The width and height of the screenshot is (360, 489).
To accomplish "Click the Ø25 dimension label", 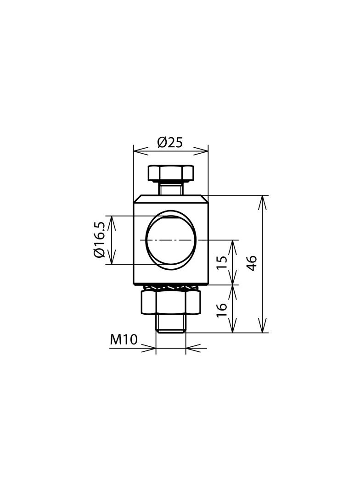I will point(170,143).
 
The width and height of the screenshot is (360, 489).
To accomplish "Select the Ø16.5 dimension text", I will point(100,239).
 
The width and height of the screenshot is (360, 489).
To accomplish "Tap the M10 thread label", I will point(124,339).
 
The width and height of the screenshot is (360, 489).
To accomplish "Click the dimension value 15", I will point(222,262).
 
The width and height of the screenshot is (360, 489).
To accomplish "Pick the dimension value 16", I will point(222,308).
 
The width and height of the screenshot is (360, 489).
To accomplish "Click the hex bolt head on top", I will point(171,173).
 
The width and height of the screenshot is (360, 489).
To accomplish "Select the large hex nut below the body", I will point(171,303).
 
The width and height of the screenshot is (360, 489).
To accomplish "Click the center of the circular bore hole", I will point(171,239).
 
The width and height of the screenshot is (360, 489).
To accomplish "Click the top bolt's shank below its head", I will point(171,188).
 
